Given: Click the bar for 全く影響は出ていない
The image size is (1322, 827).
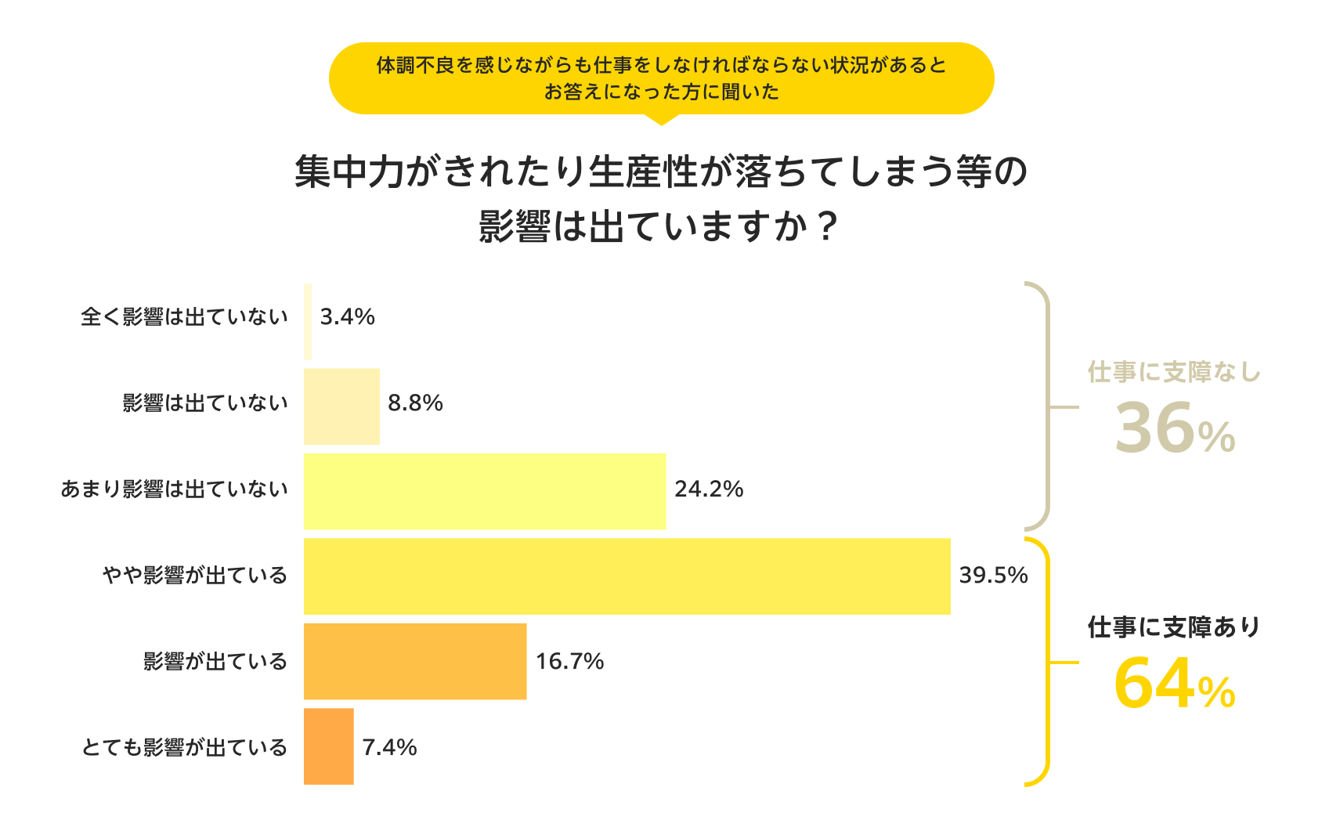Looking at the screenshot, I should click(x=308, y=321).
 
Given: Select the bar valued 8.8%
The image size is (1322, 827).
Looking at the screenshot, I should click(x=341, y=406).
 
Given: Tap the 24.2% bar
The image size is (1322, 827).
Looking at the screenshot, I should click(x=485, y=491).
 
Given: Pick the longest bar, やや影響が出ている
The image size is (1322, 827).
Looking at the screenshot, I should click(x=627, y=576).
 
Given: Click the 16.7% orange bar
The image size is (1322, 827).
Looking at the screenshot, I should click(x=415, y=662).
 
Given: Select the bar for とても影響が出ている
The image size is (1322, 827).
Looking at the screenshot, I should click(x=329, y=746).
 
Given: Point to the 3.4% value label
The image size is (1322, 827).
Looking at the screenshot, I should click(x=347, y=316).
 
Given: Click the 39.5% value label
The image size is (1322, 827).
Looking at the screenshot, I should click(x=993, y=575).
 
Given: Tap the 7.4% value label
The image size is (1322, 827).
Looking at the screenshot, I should click(x=389, y=747).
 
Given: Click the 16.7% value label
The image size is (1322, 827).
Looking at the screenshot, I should click(x=569, y=661).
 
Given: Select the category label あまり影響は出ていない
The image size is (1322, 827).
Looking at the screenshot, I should click(x=175, y=489).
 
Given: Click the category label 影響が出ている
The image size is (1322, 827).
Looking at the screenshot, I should click(x=215, y=662).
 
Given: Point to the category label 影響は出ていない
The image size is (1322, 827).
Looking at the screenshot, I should click(x=205, y=403).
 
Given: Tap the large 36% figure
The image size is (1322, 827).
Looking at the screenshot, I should click(x=1174, y=429).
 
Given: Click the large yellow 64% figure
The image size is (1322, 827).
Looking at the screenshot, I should click(x=1174, y=684).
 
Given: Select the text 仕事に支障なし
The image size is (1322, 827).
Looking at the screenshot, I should click(x=1174, y=372).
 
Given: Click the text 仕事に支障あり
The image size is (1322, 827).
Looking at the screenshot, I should click(x=1174, y=627).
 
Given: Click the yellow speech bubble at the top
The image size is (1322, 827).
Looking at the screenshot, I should click(x=661, y=78).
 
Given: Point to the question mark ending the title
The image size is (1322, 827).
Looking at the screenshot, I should click(x=826, y=227).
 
